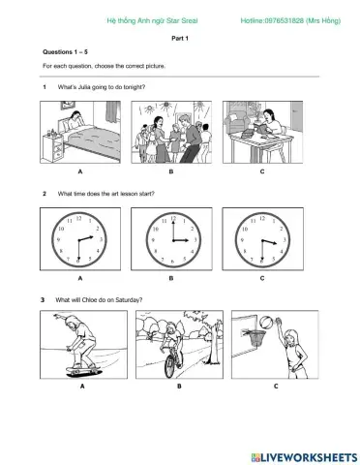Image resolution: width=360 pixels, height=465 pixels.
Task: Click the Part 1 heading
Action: [x=180, y=39]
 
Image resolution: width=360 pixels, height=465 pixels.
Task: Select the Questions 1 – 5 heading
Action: [x=65, y=52]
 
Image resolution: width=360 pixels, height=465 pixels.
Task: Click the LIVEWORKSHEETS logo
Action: [x=304, y=457]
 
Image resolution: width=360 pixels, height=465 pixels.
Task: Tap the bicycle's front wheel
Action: [x=169, y=365]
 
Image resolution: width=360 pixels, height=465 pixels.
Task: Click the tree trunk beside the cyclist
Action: [x=214, y=343]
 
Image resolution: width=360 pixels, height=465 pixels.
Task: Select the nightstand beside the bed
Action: [x=52, y=148]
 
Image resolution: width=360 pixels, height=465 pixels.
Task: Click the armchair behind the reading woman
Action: [x=237, y=123]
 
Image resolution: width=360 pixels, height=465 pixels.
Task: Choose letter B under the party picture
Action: [x=171, y=171]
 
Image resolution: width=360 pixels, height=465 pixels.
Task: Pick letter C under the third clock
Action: [x=262, y=278]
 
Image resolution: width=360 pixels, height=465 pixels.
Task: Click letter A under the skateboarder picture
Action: [x=82, y=386]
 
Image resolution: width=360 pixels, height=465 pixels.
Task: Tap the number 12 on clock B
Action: [x=173, y=219]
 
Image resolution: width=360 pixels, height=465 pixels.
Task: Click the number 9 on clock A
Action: [x=58, y=240]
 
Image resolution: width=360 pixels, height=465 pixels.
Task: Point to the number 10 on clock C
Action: [x=245, y=229]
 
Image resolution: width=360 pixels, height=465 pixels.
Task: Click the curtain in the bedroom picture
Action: [x=112, y=111]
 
